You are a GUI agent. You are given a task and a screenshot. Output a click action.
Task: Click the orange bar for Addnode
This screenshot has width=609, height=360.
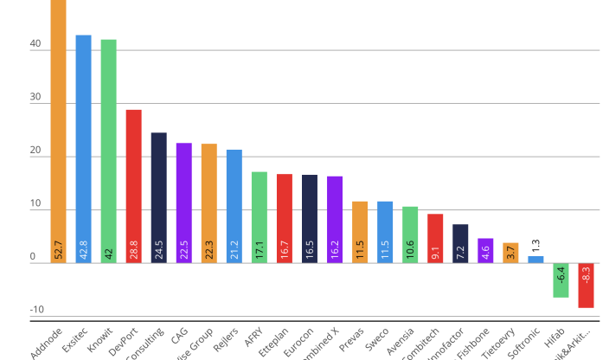pyautogui.click(x=58, y=130)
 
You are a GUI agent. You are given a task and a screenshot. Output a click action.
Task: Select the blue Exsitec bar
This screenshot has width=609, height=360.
pyautogui.click(x=83, y=147)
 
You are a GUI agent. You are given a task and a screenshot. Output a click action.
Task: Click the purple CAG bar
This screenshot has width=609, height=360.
pyautogui.click(x=183, y=201)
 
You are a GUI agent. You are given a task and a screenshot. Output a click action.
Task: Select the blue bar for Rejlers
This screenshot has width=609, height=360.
pyautogui.click(x=234, y=204)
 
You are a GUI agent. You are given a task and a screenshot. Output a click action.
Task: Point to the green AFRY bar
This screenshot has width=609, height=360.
pyautogui.click(x=259, y=215)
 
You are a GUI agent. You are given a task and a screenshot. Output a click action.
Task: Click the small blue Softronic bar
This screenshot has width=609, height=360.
pyautogui.click(x=535, y=259)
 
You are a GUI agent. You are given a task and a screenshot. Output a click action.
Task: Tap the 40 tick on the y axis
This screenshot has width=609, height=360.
pyautogui.click(x=35, y=50)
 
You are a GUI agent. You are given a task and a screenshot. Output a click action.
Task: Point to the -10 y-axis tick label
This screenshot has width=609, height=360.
pyautogui.click(x=36, y=310)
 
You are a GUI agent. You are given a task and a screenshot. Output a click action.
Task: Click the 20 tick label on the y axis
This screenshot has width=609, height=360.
pyautogui.click(x=35, y=157)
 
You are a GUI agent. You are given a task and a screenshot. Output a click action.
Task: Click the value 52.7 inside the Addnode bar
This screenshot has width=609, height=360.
pyautogui.click(x=58, y=249)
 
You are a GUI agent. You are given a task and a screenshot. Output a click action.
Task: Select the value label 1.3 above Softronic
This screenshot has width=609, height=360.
pyautogui.click(x=535, y=245)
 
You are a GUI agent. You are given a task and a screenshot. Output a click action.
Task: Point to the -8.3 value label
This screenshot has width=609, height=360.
pyautogui.click(x=586, y=277)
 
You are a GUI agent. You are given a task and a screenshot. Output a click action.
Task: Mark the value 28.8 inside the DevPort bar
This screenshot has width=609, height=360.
pyautogui.click(x=133, y=249)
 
